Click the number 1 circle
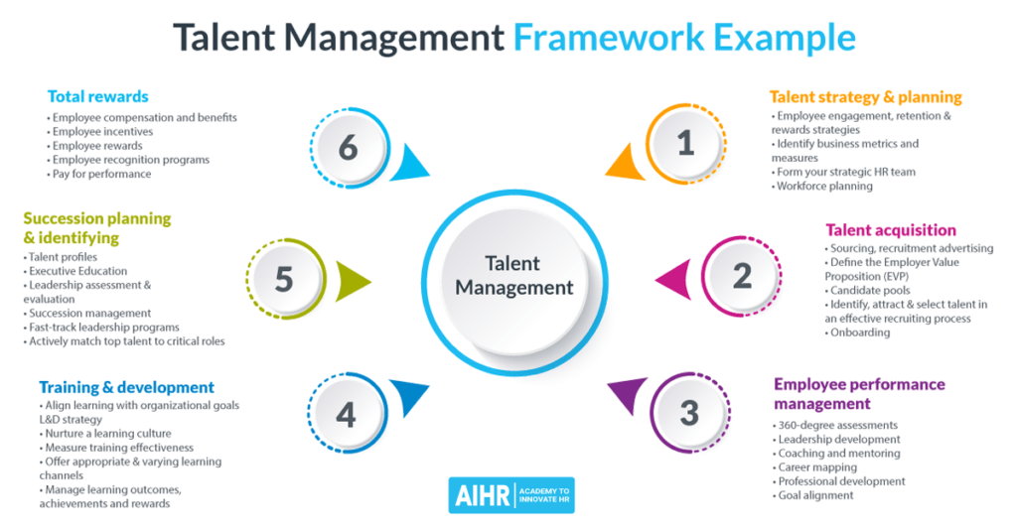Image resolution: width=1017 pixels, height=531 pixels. point(684,144)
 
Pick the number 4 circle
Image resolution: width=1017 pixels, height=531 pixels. point(345,413)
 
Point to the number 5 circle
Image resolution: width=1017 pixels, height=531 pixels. point(284,279)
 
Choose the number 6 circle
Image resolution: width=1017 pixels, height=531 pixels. point(347,148)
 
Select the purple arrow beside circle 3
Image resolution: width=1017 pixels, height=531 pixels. point(627,397)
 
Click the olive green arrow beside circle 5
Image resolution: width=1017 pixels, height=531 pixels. point(351,280)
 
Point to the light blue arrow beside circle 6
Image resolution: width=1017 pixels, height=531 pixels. point(407,164)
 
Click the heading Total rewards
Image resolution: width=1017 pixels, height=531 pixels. point(98,96)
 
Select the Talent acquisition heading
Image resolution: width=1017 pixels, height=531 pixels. point(891,230)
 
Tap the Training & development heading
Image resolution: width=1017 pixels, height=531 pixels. point(126,387)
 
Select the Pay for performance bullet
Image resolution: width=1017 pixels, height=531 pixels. point(101,174)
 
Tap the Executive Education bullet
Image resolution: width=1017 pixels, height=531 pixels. point(77,271)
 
